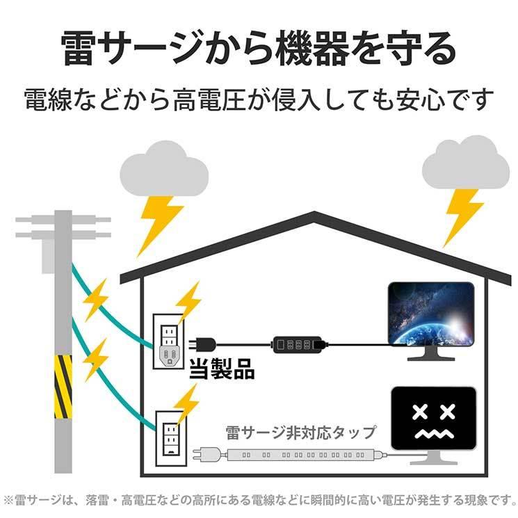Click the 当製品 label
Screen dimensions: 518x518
tap(222, 369)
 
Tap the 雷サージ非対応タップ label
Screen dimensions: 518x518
tap(300, 432)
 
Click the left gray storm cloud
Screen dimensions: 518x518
tap(164, 169)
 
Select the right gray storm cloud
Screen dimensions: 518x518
tap(465, 163)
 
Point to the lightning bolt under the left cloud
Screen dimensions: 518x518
tap(159, 225)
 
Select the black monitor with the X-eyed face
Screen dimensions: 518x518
tap(433, 426)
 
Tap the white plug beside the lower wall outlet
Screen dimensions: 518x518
tap(206, 454)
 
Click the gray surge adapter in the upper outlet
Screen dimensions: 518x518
tap(170, 356)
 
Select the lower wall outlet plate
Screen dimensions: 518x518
tap(171, 438)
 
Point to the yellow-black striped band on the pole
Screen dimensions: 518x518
tap(63, 387)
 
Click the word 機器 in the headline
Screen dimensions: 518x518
tap(314, 49)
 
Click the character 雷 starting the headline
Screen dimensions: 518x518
tap(79, 49)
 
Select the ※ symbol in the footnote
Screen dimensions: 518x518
tap(8, 500)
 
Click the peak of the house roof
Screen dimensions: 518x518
tap(314, 213)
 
